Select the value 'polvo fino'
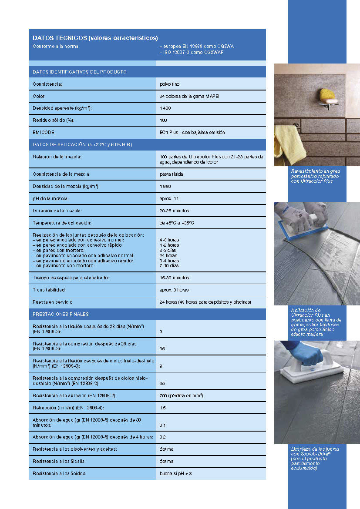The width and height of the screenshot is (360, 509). click(x=169, y=84)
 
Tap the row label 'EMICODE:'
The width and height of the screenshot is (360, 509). click(x=43, y=132)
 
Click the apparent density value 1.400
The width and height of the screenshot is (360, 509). click(x=165, y=108)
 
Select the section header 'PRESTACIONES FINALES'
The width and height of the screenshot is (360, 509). click(x=61, y=314)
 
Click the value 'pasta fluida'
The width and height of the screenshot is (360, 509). click(x=172, y=174)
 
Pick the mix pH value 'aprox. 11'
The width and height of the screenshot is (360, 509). click(x=169, y=198)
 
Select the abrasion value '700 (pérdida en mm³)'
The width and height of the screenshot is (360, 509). click(x=182, y=395)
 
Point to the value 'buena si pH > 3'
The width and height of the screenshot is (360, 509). click(x=175, y=473)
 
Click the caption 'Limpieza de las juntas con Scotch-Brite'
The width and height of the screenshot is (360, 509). click(x=315, y=458)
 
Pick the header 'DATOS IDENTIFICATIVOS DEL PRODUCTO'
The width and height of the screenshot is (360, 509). click(x=80, y=72)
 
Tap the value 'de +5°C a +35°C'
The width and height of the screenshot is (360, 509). click(x=177, y=223)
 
